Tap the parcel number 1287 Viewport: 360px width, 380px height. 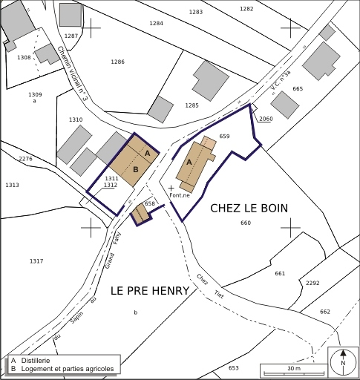(71, 36)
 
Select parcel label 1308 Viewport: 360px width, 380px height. (24, 57)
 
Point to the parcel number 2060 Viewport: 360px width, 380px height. (266, 118)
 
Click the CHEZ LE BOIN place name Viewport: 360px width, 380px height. (249, 208)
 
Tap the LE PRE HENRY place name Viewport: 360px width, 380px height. (150, 291)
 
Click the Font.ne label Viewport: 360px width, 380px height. (180, 195)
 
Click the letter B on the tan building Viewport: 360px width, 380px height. (136, 169)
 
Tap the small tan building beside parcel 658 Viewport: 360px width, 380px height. (139, 214)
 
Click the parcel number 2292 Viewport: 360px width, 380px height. (312, 283)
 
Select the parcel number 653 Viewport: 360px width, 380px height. (233, 368)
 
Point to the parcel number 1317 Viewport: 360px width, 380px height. (36, 261)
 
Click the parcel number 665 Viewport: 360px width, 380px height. (298, 89)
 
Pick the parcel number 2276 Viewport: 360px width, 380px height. (25, 159)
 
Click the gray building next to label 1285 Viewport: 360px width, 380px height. (211, 77)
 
